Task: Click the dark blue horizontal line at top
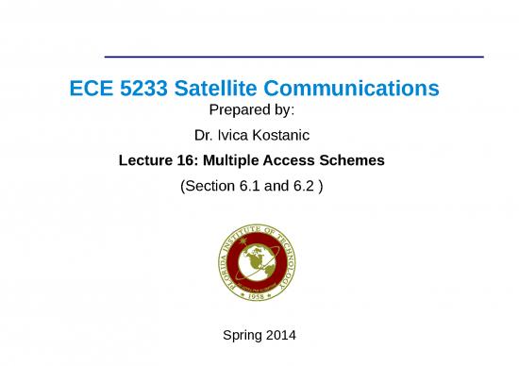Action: pos(293,57)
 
